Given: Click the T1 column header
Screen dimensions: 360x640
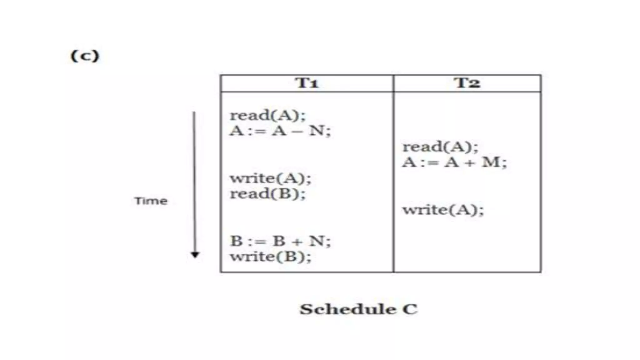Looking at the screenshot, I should point(307,83).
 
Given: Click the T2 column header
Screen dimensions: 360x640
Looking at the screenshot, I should point(467,83).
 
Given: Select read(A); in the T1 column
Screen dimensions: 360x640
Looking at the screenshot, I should point(267,115).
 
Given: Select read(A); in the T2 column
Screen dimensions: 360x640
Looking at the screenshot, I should point(440,147).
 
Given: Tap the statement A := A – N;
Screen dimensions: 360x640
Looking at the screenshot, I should point(280,131).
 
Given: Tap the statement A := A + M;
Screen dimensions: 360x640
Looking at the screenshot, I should point(454,162).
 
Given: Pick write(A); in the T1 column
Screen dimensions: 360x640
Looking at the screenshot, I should point(271,178).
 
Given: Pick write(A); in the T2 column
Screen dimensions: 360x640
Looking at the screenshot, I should point(443,210).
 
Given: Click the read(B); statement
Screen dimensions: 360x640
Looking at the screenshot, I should point(267,194).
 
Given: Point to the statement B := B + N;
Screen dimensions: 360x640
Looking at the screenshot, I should point(280,241).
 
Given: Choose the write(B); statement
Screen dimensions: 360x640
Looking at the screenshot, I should point(271,257).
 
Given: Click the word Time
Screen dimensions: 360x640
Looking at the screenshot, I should point(151,201).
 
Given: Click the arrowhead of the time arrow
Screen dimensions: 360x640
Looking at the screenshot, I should point(195,255).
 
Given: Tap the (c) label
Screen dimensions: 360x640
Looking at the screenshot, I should point(85,56).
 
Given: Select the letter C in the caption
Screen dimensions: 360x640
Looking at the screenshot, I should point(410,309).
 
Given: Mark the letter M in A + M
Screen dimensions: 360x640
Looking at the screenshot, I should point(490,162).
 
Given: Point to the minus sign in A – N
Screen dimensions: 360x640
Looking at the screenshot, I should point(297,132).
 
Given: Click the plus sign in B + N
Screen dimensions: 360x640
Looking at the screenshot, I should point(297,242).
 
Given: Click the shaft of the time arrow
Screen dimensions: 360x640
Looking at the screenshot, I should point(194,181).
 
